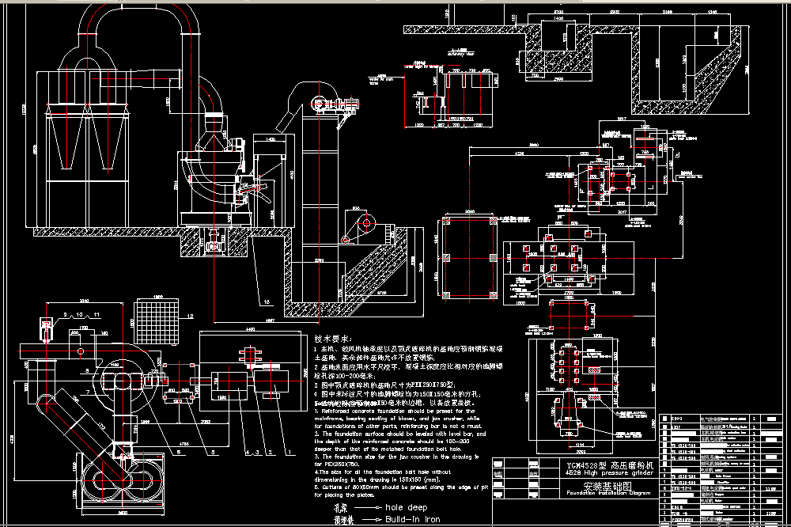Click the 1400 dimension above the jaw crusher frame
pyautogui.click(x=271, y=139)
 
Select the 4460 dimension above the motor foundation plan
pyautogui.click(x=250, y=328)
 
